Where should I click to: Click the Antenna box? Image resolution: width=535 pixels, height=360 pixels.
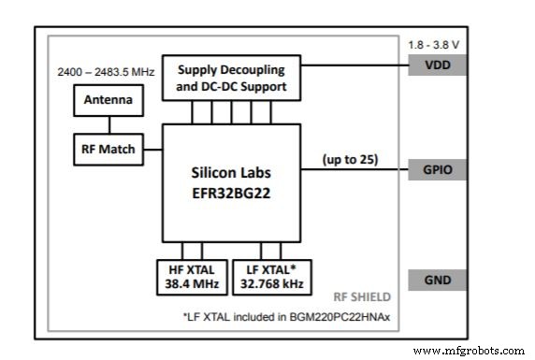coord(108,99)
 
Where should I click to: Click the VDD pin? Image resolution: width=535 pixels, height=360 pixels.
coord(436,65)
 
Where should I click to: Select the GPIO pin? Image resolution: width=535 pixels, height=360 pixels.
coord(436,169)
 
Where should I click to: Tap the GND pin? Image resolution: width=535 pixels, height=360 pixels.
coord(436,280)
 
